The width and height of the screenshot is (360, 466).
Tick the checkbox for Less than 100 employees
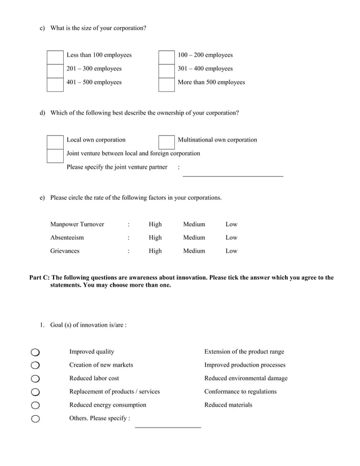[x=55, y=56]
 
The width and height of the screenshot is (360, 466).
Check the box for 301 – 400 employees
[x=166, y=69]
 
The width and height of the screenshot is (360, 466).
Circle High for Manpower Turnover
[x=155, y=225]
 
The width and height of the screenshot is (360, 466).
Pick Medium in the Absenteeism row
[x=194, y=238]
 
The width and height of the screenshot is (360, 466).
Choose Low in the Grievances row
[x=231, y=251]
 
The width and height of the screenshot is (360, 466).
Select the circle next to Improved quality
[x=36, y=352]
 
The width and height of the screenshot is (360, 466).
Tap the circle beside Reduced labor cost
[x=36, y=379]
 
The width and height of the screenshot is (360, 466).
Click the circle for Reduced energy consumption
[x=36, y=405]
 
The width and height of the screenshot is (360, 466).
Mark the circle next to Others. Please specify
[x=36, y=419]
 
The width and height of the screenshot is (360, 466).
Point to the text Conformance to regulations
[x=240, y=392]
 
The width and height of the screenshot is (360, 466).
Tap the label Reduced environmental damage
[x=245, y=379]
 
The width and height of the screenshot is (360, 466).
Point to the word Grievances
[x=65, y=251]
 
